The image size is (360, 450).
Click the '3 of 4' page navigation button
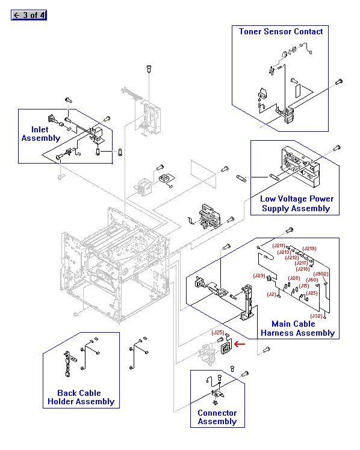click(x=29, y=15)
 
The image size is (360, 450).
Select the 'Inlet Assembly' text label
click(x=41, y=134)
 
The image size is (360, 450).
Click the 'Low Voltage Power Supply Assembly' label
click(x=296, y=203)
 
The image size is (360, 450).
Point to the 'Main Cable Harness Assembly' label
click(x=297, y=328)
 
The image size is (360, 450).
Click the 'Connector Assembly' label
click(x=217, y=417)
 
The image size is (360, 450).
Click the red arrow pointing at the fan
click(x=240, y=345)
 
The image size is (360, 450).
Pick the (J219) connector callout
click(x=309, y=248)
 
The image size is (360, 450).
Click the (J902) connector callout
click(x=321, y=274)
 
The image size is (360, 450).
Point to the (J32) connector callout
click(x=316, y=316)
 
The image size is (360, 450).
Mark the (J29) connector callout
click(x=259, y=276)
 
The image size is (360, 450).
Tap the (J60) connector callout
click(x=312, y=280)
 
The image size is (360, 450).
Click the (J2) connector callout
click(x=272, y=294)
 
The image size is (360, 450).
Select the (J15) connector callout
click(x=304, y=286)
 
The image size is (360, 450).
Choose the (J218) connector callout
click(x=302, y=269)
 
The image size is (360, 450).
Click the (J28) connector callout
click(x=294, y=278)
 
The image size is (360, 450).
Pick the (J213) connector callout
click(x=284, y=252)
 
